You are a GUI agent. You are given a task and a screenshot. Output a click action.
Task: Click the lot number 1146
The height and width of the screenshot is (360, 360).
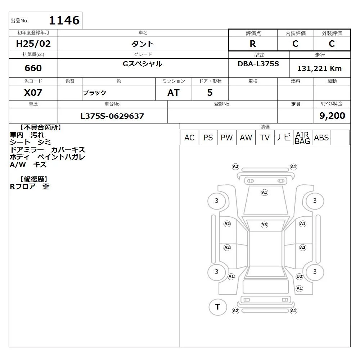pyautogui.click(x=64, y=20)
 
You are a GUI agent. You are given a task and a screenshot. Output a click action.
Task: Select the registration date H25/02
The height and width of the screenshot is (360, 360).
pyautogui.click(x=33, y=44)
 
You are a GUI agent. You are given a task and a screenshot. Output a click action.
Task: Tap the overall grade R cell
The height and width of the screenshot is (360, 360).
pyautogui.click(x=253, y=44)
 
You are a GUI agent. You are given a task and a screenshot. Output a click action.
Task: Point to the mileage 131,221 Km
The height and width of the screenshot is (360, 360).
pyautogui.click(x=319, y=68)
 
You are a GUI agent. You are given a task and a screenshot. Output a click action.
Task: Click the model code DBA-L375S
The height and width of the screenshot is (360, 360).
pyautogui.click(x=258, y=64)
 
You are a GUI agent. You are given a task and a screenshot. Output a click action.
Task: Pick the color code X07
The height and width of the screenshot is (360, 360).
pyautogui.click(x=33, y=93)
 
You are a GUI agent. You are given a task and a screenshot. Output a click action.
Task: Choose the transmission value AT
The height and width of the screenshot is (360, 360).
pyautogui.click(x=174, y=93)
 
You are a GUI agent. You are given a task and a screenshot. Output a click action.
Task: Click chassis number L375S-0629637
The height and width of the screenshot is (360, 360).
pyautogui.click(x=112, y=116)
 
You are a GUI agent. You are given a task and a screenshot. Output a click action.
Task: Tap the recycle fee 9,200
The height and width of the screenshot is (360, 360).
pyautogui.click(x=332, y=116)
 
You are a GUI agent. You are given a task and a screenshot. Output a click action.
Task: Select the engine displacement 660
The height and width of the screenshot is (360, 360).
pyautogui.click(x=33, y=68)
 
